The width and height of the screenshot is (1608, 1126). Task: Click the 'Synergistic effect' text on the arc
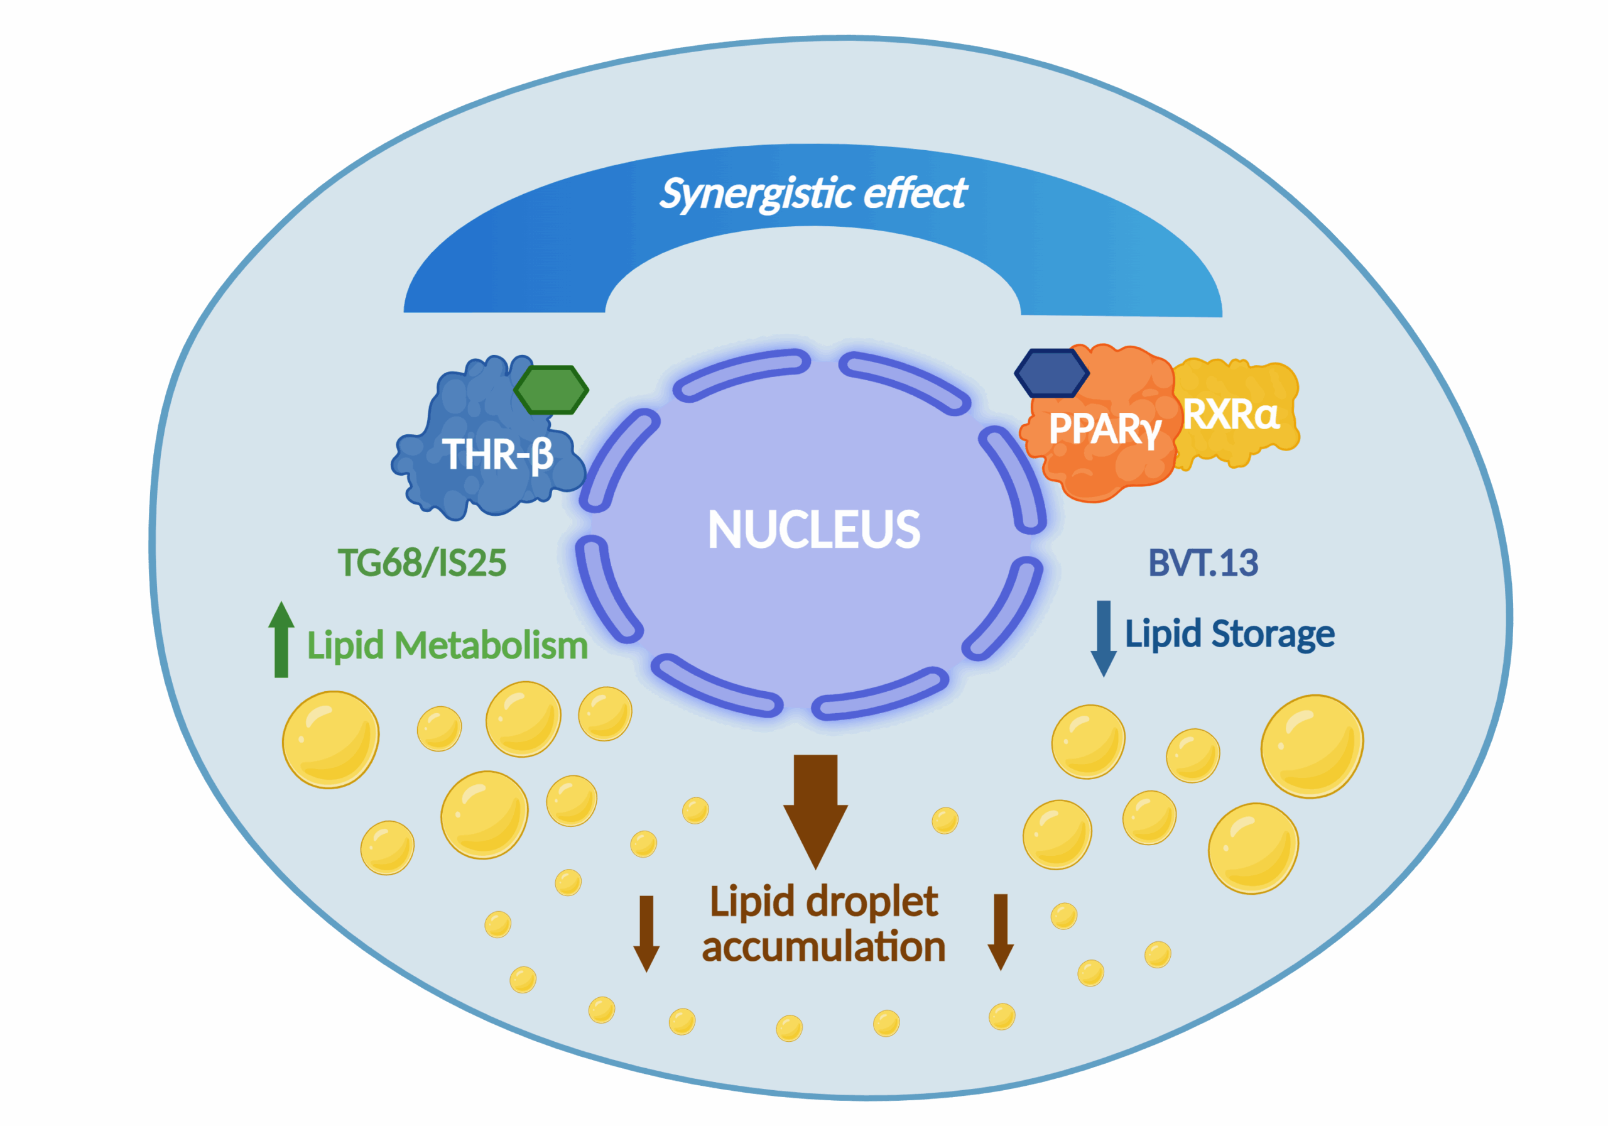(x=813, y=194)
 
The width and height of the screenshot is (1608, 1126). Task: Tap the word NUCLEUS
(x=814, y=529)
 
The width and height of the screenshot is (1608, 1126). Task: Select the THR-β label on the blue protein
(x=498, y=454)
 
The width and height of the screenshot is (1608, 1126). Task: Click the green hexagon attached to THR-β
(x=551, y=390)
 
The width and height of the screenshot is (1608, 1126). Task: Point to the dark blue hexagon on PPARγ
(x=1051, y=373)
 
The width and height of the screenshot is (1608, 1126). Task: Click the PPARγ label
(x=1105, y=428)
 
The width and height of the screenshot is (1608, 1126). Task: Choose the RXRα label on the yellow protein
(x=1231, y=415)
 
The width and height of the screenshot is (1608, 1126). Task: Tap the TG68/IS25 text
(x=421, y=562)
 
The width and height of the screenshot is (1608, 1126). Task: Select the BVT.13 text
(x=1203, y=562)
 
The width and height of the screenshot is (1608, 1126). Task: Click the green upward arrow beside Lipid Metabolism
(x=281, y=639)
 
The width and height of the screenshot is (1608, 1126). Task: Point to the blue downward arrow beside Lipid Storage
(x=1104, y=638)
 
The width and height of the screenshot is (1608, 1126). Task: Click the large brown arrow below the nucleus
(x=815, y=811)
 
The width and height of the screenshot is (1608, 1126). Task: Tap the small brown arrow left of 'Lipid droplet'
(x=646, y=933)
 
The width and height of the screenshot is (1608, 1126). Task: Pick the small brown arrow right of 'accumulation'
(x=1001, y=932)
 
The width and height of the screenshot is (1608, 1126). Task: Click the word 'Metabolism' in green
(x=492, y=645)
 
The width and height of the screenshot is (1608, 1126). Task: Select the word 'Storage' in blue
(x=1273, y=635)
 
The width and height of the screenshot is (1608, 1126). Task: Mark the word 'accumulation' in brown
(x=823, y=948)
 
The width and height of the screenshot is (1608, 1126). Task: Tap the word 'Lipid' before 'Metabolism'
(x=346, y=645)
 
